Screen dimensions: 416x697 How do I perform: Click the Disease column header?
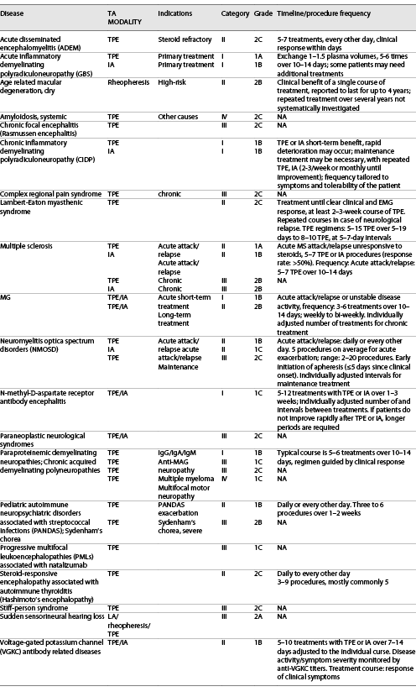[x=18, y=16]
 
